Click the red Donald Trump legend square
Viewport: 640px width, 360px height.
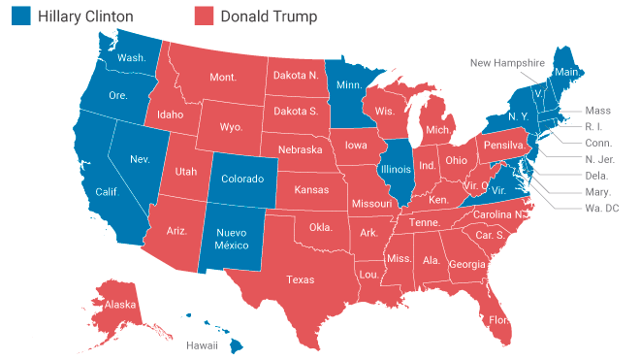pyautogui.click(x=204, y=16)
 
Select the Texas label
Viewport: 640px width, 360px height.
pyautogui.click(x=300, y=279)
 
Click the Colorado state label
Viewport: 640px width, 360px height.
pyautogui.click(x=242, y=179)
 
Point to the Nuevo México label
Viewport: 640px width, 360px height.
pyautogui.click(x=231, y=240)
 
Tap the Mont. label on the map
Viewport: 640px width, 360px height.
pyautogui.click(x=224, y=77)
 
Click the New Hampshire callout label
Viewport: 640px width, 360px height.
pyautogui.click(x=507, y=63)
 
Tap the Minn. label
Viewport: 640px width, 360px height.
pyautogui.click(x=348, y=84)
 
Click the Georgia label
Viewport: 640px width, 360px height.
pyautogui.click(x=467, y=264)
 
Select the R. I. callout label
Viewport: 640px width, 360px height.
pyautogui.click(x=594, y=126)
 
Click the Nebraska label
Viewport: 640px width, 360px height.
pyautogui.click(x=300, y=150)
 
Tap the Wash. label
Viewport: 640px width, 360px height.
pyautogui.click(x=131, y=57)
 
